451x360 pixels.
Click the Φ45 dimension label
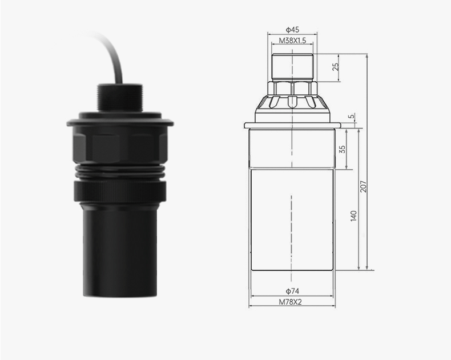292,30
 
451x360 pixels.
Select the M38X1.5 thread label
292,41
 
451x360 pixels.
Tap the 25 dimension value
336,66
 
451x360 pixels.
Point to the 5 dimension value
351,117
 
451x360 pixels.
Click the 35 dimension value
343,149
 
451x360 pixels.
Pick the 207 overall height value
364,186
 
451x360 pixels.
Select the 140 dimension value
354,216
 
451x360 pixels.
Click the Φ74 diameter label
292,291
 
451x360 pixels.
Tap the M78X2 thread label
291,302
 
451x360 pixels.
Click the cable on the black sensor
114,56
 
